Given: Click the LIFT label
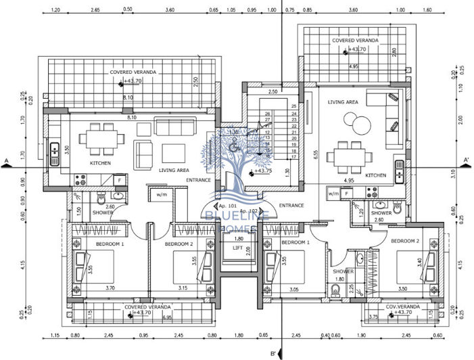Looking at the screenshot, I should (x=237, y=248).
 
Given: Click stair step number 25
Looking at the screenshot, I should (x=294, y=106).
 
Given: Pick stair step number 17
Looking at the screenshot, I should (x=294, y=156).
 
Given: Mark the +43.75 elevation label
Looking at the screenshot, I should (x=263, y=171).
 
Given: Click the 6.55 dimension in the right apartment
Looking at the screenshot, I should (x=316, y=154).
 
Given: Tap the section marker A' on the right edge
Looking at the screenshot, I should (x=466, y=160).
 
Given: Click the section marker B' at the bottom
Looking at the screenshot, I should (x=273, y=353).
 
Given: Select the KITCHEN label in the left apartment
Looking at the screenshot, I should (x=101, y=163).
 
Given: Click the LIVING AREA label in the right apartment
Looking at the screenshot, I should (x=343, y=102).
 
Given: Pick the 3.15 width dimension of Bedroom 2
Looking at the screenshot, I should (x=183, y=287).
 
